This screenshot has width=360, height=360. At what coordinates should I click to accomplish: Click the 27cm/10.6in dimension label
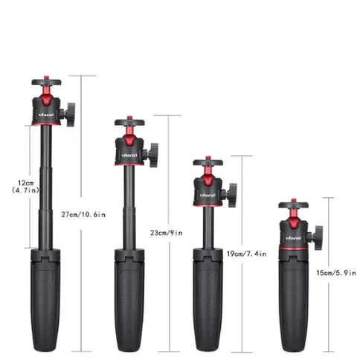[x=83, y=214]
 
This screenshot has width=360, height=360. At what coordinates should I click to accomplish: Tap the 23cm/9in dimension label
[x=167, y=233]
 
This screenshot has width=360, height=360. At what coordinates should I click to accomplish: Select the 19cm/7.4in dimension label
[x=246, y=254]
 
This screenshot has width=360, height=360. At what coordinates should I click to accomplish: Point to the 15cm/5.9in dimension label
[x=336, y=273]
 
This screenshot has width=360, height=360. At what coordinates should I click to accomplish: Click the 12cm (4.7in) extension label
[x=25, y=187]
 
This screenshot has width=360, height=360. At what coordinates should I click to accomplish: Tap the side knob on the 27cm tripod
[x=70, y=115]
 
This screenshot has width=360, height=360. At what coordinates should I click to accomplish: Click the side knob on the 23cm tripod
[x=153, y=155]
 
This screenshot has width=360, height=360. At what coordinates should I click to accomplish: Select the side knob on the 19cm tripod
[x=231, y=195]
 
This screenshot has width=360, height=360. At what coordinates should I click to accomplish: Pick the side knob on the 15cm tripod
[x=318, y=238]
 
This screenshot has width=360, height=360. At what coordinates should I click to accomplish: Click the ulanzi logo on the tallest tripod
[x=46, y=115]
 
